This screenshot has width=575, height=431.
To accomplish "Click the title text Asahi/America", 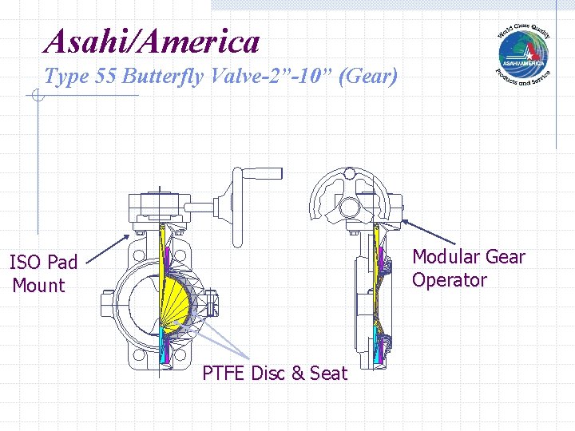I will click(x=153, y=41).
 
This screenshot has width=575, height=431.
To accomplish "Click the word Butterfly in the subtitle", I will click(x=168, y=77).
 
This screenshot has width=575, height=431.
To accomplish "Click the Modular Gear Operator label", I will click(x=468, y=268).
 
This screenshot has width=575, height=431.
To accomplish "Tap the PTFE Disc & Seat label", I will click(x=275, y=373).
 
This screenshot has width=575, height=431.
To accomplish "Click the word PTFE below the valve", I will click(x=224, y=373).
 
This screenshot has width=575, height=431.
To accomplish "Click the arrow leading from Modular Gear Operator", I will click(x=427, y=232).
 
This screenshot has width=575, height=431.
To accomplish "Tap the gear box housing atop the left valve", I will click(x=161, y=206).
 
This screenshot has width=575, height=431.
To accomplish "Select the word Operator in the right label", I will click(x=449, y=280).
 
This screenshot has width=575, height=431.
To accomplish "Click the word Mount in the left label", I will click(x=38, y=285).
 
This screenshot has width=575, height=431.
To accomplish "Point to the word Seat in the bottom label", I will click(x=330, y=373).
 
